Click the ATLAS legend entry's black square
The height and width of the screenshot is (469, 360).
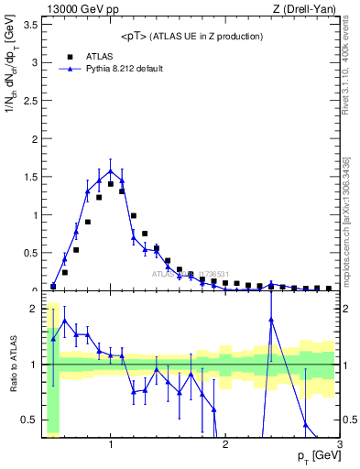point(70,56)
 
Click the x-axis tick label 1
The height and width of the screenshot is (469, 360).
point(111,444)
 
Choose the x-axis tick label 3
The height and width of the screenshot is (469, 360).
point(339,444)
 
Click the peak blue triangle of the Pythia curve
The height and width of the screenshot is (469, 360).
point(111,170)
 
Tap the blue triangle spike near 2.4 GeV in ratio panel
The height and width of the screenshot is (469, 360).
point(271,319)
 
